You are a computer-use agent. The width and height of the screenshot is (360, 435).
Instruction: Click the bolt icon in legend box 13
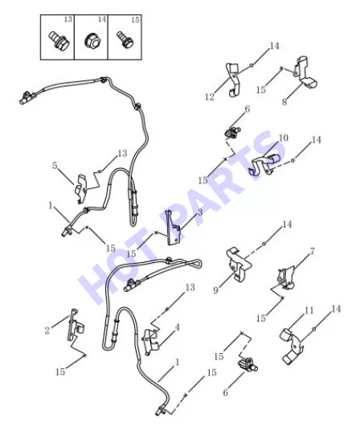tap(59, 41)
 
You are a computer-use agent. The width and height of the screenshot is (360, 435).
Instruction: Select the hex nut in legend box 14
tap(92, 41)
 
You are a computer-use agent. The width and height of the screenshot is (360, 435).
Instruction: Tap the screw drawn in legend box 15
tap(125, 40)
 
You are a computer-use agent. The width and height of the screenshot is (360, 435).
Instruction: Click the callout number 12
tap(210, 96)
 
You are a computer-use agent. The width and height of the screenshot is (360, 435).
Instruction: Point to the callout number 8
tap(284, 102)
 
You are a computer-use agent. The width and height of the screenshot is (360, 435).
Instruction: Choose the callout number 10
tap(283, 137)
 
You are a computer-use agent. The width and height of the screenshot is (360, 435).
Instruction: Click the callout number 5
tap(55, 166)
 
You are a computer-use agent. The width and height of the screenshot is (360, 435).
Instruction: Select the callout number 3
tap(200, 212)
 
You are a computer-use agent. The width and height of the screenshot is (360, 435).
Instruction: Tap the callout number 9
tap(216, 290)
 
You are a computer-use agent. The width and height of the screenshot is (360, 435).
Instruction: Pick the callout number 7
tap(313, 252)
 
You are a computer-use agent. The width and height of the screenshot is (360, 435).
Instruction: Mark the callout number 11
tap(309, 310)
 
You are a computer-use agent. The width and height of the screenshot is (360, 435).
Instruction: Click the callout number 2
tap(47, 330)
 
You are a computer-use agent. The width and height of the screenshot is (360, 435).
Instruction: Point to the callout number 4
tap(177, 327)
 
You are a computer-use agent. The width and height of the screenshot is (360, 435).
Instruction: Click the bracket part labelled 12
tap(234, 80)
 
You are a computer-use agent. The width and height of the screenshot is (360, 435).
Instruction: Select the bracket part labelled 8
tap(306, 73)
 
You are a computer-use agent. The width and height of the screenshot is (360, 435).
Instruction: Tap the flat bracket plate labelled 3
tap(174, 228)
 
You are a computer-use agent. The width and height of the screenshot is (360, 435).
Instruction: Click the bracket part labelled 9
tap(239, 263)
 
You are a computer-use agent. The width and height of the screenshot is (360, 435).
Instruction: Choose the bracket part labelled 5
tap(81, 189)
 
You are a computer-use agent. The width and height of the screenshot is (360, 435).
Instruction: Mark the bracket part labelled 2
tap(75, 326)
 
